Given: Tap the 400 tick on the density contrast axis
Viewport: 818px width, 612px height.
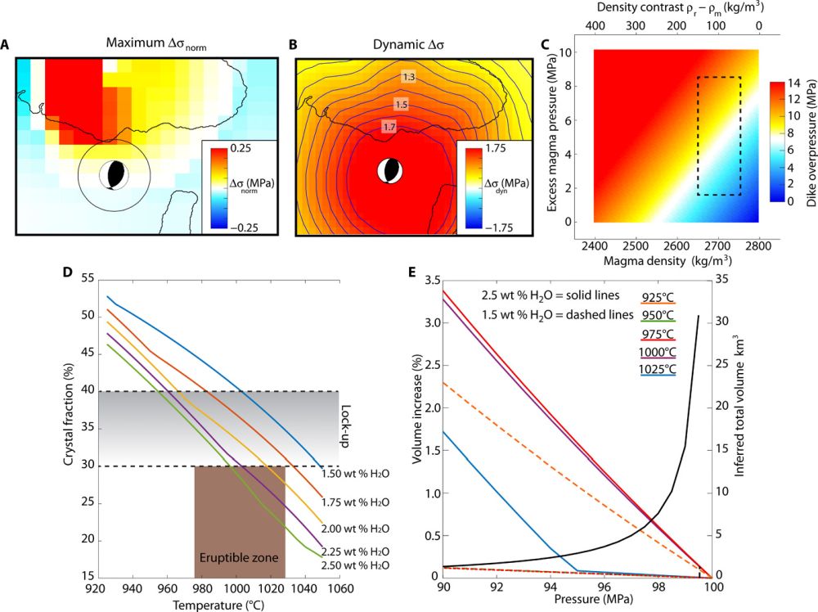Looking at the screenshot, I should [x=596, y=26].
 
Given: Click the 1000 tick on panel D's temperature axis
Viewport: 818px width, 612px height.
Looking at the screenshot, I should [x=235, y=587].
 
